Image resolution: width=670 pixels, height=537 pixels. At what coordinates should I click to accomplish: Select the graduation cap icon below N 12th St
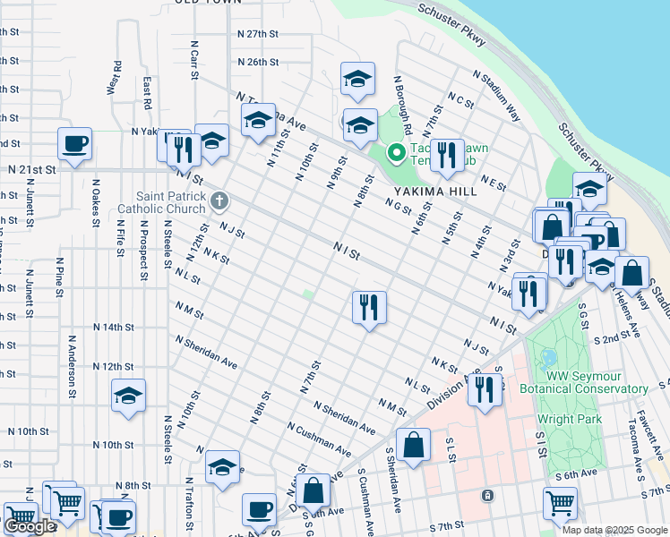(x=128, y=395)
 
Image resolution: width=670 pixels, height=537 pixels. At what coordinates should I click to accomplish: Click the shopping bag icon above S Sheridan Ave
(x=414, y=444)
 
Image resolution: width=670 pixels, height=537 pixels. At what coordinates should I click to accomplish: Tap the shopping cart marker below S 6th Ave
(x=560, y=502)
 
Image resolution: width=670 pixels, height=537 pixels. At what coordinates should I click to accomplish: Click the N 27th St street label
(x=259, y=33)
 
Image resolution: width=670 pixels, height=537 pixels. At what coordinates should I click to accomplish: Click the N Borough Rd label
(x=401, y=97)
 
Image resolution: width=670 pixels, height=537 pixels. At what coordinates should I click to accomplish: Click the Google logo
(x=30, y=526)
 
